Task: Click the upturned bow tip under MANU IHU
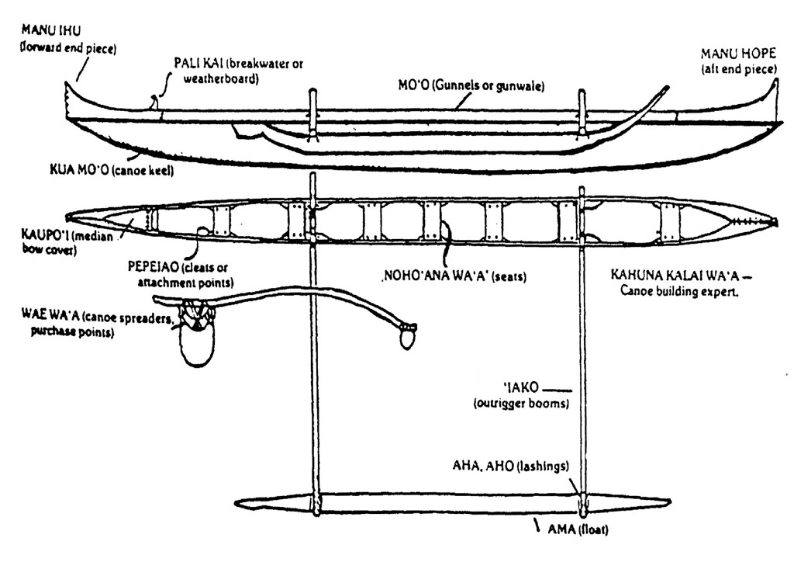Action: [71, 88]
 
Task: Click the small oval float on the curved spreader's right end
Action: [408, 337]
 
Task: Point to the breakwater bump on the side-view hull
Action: [154, 101]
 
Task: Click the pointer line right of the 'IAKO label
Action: [560, 387]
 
